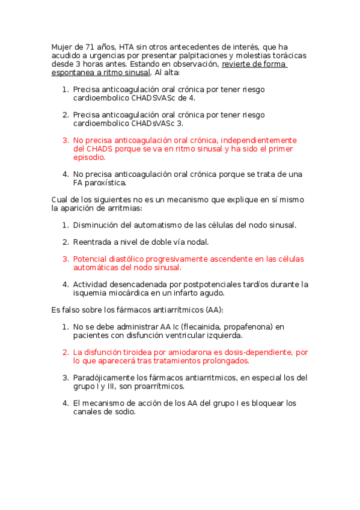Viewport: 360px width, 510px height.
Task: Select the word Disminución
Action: point(99,226)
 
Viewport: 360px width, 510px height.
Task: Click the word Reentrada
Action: point(93,242)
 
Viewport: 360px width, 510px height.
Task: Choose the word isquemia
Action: point(91,293)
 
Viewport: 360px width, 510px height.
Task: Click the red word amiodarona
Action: point(175,352)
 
